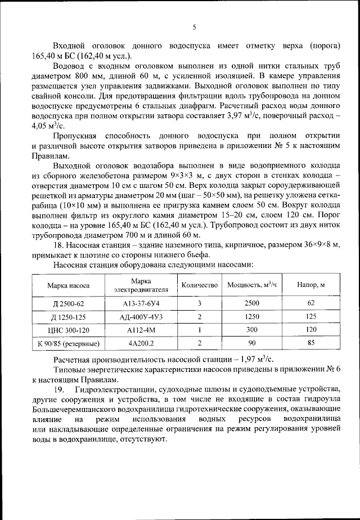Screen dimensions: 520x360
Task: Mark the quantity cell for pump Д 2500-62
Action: coord(200,303)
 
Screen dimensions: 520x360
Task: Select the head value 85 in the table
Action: coord(311,342)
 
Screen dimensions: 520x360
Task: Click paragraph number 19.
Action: coord(58,390)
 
